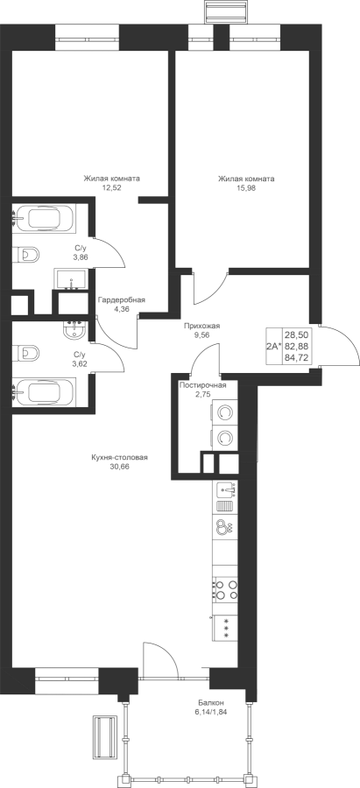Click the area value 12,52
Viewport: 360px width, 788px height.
click(111, 187)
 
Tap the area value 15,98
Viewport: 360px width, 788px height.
click(246, 187)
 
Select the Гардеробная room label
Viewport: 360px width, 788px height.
click(122, 300)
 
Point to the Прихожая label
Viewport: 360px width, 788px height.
click(201, 326)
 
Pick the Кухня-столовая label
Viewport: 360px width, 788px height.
click(120, 457)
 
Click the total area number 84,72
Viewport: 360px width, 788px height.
click(296, 357)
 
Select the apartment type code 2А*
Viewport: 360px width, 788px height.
click(274, 346)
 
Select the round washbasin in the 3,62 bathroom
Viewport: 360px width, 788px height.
click(76, 330)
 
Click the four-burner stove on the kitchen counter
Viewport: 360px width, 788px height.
click(225, 589)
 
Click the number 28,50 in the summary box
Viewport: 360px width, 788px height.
click(296, 334)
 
